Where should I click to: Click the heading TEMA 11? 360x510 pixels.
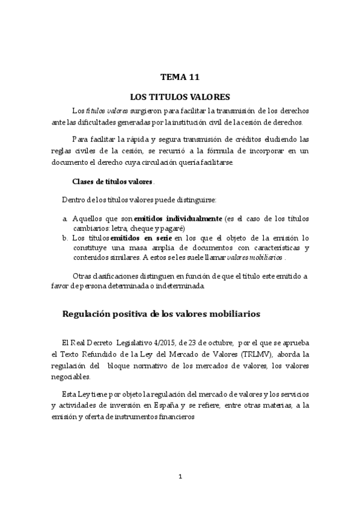pyautogui.click(x=180, y=77)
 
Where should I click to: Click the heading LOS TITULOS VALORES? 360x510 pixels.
pyautogui.click(x=180, y=96)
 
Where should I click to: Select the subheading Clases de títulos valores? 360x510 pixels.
pyautogui.click(x=112, y=182)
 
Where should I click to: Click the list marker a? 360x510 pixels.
pyautogui.click(x=65, y=218)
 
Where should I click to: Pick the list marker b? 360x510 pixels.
pyautogui.click(x=65, y=238)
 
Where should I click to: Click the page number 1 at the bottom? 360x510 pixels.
pyautogui.click(x=180, y=477)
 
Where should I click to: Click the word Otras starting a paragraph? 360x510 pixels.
pyautogui.click(x=84, y=275)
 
